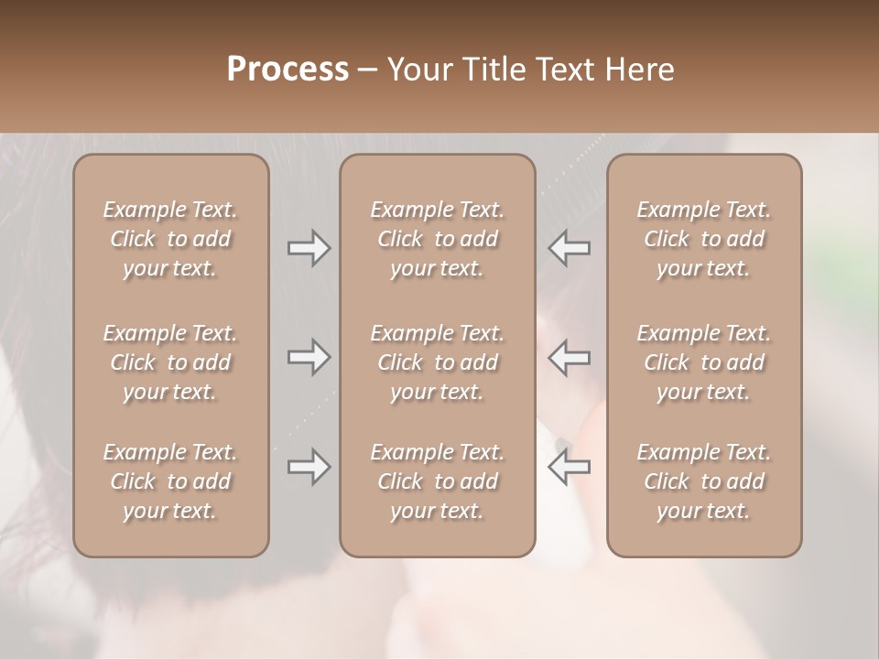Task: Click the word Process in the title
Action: click(x=288, y=69)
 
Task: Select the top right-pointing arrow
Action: click(x=309, y=248)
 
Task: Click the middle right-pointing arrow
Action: click(x=309, y=358)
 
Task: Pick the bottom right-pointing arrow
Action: click(x=309, y=467)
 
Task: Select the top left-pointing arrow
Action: click(x=570, y=248)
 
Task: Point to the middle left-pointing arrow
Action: click(x=570, y=358)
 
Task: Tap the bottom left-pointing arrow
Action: click(x=570, y=467)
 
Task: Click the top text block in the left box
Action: click(x=170, y=239)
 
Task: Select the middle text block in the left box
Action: click(x=170, y=362)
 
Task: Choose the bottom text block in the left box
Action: click(x=170, y=481)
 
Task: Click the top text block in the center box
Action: click(x=438, y=239)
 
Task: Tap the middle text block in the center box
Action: click(x=438, y=362)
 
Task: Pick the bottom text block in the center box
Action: click(x=438, y=481)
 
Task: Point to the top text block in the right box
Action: click(x=704, y=239)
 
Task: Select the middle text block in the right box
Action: click(x=704, y=362)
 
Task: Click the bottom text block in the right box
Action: click(x=704, y=481)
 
